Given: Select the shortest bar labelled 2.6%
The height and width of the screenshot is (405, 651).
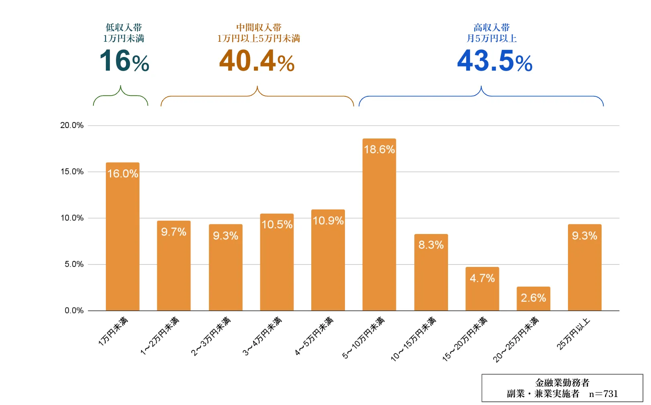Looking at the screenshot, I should (x=533, y=299).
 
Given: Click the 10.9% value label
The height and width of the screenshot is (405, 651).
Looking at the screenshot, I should (x=328, y=221).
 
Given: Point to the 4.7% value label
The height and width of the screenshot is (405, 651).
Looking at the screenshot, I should (x=482, y=278).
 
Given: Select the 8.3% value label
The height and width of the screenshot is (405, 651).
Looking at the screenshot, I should (x=431, y=245).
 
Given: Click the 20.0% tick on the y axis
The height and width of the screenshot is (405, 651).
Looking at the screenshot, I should (x=72, y=125).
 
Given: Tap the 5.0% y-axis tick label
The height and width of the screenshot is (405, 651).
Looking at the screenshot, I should (x=74, y=264).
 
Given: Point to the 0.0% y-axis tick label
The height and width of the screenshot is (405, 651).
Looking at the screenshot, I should (x=74, y=310).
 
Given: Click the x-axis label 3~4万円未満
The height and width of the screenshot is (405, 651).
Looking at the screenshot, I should (x=263, y=336).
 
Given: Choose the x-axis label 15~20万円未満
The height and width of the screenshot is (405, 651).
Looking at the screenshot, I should (x=465, y=339).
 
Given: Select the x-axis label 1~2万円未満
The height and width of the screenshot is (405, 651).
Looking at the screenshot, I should (x=160, y=336).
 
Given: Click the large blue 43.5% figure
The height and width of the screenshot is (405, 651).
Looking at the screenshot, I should (x=495, y=61).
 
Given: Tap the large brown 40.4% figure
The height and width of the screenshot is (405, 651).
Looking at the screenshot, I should (x=257, y=61).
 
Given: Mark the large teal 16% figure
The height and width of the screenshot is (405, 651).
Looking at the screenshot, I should (x=124, y=61).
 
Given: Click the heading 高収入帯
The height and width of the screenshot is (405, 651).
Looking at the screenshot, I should (x=491, y=27).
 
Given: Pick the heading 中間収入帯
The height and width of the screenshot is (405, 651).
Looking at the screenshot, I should (x=259, y=27).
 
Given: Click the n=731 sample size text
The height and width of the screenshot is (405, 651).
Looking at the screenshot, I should (x=603, y=394).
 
